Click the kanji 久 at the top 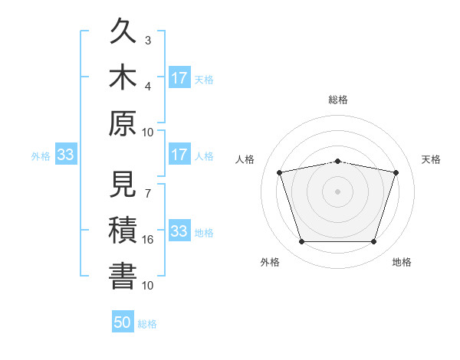pos(123,31)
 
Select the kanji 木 pos(123,77)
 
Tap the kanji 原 pos(123,123)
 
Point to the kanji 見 pos(123,184)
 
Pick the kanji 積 pos(123,230)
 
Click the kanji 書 pos(123,276)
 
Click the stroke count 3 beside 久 pos(148,41)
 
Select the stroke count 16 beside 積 pos(147,240)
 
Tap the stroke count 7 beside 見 pos(148,194)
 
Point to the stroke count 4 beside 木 pos(148,87)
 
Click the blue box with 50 pos(123,321)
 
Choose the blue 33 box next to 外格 pos(66,154)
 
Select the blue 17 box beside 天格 pos(180,77)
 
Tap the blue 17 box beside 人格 pos(180,154)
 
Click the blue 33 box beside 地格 pos(180,230)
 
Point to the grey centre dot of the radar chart pos(337,191)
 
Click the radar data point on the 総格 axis pos(337,162)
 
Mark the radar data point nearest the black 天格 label pos(396,172)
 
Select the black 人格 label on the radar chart pos(245,159)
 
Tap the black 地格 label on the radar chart pos(402,262)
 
